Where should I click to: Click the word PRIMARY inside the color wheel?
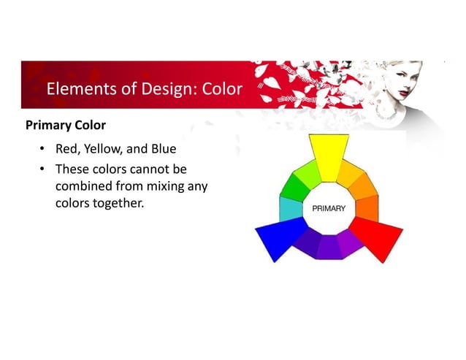(x=329, y=208)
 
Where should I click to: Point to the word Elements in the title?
(x=78, y=90)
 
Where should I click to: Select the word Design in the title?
(x=161, y=90)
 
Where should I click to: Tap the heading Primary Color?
(x=66, y=125)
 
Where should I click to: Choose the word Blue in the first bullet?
(x=163, y=150)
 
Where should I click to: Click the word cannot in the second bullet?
(x=150, y=170)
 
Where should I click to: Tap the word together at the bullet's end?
(x=118, y=202)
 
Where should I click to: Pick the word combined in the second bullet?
(x=83, y=186)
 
